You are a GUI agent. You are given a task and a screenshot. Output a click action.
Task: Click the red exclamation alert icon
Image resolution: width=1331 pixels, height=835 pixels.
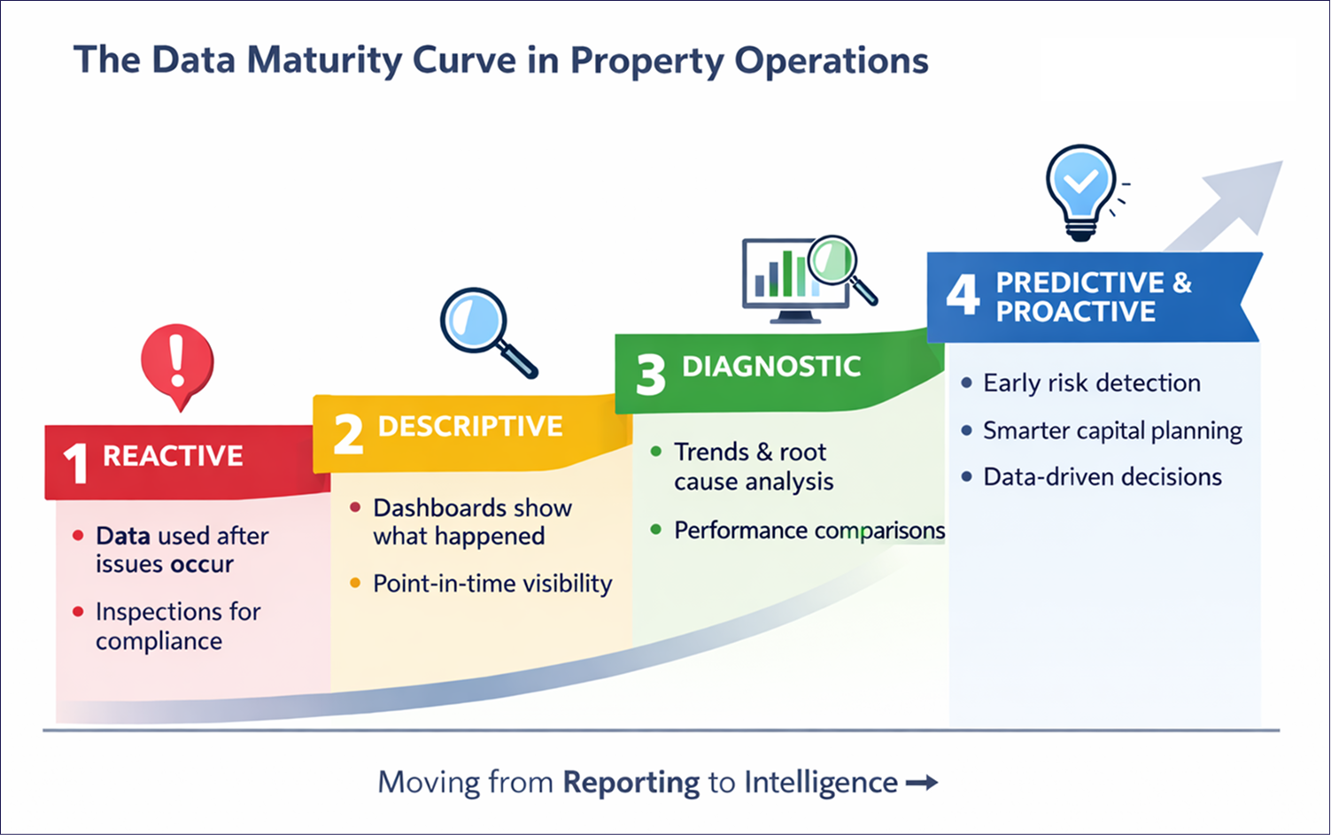click(x=177, y=361)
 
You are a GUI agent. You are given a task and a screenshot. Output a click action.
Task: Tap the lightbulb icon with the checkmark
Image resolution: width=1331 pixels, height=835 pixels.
click(x=1080, y=189)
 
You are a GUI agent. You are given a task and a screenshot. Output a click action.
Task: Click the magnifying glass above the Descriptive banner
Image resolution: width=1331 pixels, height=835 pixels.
click(x=483, y=327)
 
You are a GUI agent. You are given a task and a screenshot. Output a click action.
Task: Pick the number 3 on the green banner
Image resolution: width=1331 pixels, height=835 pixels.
click(x=650, y=374)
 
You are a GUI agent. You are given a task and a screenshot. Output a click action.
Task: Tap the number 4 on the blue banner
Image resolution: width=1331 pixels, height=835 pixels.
click(x=963, y=294)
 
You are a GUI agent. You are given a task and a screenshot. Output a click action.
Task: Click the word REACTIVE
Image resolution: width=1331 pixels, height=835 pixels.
click(x=173, y=456)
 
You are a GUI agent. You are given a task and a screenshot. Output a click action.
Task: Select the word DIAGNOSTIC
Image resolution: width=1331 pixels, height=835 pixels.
click(x=771, y=367)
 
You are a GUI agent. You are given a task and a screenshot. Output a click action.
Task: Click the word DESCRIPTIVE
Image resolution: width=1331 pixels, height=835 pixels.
click(x=470, y=427)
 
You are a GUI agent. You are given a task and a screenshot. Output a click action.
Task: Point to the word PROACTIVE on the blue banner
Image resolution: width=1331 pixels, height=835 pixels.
click(x=1075, y=312)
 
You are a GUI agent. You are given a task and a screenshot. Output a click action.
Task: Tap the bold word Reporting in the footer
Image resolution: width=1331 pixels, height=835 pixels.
click(x=631, y=783)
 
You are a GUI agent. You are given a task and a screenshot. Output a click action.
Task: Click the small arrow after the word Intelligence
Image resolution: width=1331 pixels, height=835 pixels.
click(x=921, y=783)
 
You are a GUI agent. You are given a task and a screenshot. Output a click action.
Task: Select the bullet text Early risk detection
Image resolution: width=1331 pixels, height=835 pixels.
click(x=1091, y=383)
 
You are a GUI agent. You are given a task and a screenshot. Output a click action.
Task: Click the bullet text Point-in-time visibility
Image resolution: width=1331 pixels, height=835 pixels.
click(x=492, y=584)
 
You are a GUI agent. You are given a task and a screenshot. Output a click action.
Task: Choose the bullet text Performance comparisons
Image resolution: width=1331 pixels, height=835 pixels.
click(x=809, y=530)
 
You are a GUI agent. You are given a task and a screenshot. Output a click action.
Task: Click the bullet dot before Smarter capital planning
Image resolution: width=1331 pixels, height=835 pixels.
click(x=966, y=430)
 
